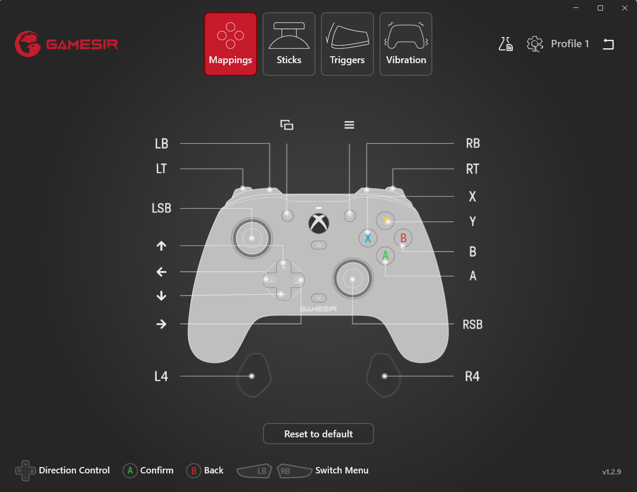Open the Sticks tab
(289, 44)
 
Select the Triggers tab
(347, 44)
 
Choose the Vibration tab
(406, 44)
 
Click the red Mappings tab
(231, 44)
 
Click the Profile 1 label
(570, 44)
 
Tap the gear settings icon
(534, 44)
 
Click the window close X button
(625, 8)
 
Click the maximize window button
(600, 8)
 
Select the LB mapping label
(162, 144)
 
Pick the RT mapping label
(472, 169)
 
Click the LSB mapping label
(162, 208)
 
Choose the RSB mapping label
(472, 324)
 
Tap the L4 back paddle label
(162, 376)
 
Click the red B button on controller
(403, 238)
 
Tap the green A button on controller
(385, 256)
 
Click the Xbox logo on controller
(319, 223)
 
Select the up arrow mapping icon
(162, 246)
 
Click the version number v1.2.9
(611, 472)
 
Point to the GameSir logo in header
(66, 44)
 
